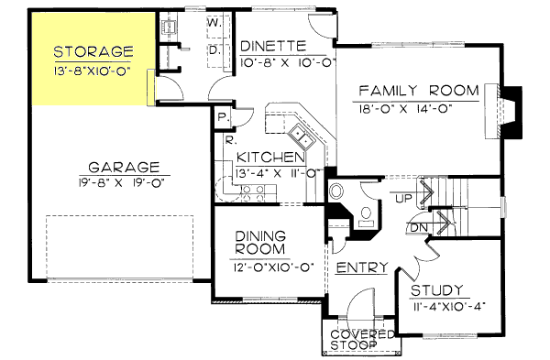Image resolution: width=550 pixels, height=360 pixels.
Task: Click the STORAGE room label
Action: pos(93,50)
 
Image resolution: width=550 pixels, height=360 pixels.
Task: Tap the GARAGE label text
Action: pos(125,168)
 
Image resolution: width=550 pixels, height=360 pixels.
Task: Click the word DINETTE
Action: pos(272,44)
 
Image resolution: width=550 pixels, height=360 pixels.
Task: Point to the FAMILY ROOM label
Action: pos(419,91)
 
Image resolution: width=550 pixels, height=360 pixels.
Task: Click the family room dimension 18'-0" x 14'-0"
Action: pos(419,106)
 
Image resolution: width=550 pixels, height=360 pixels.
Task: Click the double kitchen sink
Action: pos(303,141)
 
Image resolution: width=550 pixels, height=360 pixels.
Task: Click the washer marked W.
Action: pos(211,20)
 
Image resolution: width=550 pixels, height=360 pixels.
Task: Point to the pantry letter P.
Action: pos(222,116)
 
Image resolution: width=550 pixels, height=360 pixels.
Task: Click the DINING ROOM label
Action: pos(260,243)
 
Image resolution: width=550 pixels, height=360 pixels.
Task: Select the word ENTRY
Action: pos(361,267)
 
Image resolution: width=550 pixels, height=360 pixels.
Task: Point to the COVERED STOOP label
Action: pos(362,340)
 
